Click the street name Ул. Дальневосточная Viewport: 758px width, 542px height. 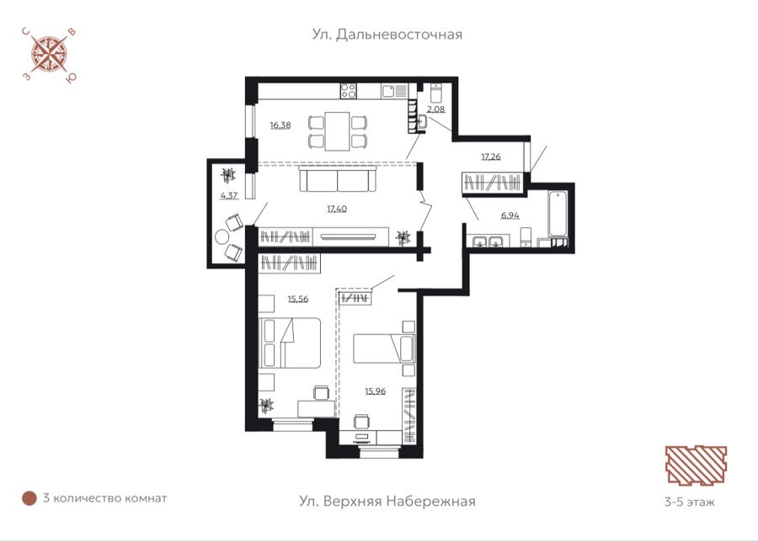pyautogui.click(x=387, y=35)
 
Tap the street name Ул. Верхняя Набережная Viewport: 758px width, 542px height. pyautogui.click(x=387, y=501)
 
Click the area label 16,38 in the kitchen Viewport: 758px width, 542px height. pyautogui.click(x=280, y=125)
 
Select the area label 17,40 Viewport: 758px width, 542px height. pyautogui.click(x=336, y=209)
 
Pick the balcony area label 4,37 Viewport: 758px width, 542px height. pyautogui.click(x=229, y=195)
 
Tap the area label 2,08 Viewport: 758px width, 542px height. pyautogui.click(x=436, y=109)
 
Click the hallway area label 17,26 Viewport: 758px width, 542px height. pyautogui.click(x=491, y=157)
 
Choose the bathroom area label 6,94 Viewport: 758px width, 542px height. pyautogui.click(x=510, y=215)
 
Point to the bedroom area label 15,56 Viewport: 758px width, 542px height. pyautogui.click(x=298, y=299)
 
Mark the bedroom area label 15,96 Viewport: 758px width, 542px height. pyautogui.click(x=375, y=391)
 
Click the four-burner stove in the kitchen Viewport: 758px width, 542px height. pyautogui.click(x=349, y=91)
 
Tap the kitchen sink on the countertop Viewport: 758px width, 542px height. pyautogui.click(x=388, y=91)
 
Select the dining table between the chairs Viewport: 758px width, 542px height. pyautogui.click(x=337, y=131)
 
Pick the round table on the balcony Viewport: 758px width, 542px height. pyautogui.click(x=222, y=237)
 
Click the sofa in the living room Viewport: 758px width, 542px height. pyautogui.click(x=337, y=178)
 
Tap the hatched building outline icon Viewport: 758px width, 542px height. pyautogui.click(x=697, y=465)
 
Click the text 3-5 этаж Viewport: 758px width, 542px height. pyautogui.click(x=690, y=502)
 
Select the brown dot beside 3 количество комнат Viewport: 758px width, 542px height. pyautogui.click(x=29, y=498)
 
